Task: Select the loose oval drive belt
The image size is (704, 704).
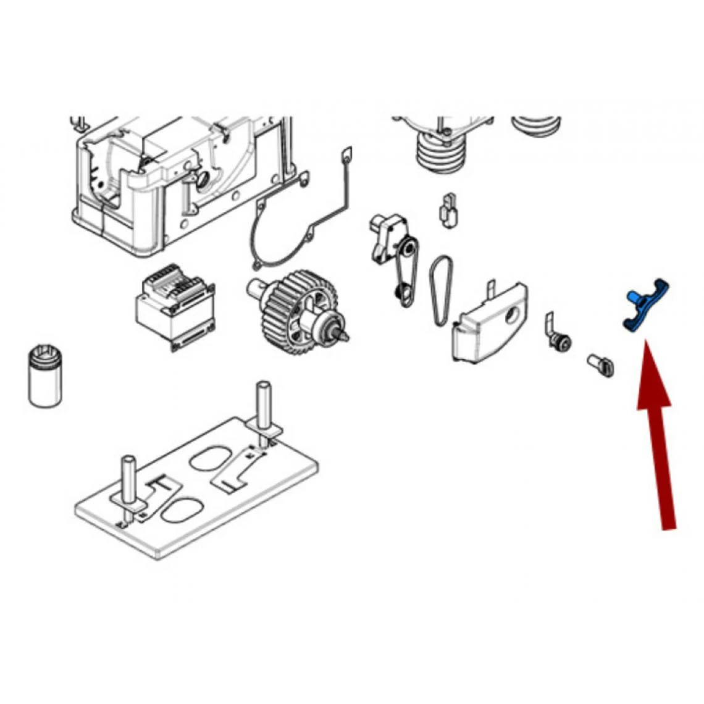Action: coord(442,290)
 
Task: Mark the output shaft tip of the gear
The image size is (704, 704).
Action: coord(342,334)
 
